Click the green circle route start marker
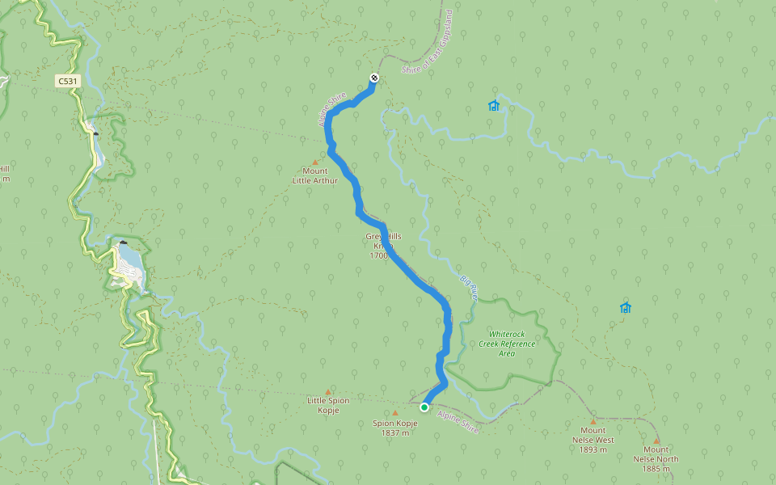click(424, 407)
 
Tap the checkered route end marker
click(374, 78)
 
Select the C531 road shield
click(68, 81)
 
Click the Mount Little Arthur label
click(315, 175)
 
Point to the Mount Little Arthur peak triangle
click(315, 162)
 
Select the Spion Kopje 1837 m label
click(394, 428)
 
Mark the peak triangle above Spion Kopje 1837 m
click(395, 413)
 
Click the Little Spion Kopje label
click(328, 404)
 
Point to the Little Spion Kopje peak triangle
click(328, 390)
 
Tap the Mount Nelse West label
click(593, 440)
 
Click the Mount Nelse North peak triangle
click(656, 441)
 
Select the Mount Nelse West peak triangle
click(593, 421)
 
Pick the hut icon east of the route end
click(494, 105)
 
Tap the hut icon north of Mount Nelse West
click(625, 307)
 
